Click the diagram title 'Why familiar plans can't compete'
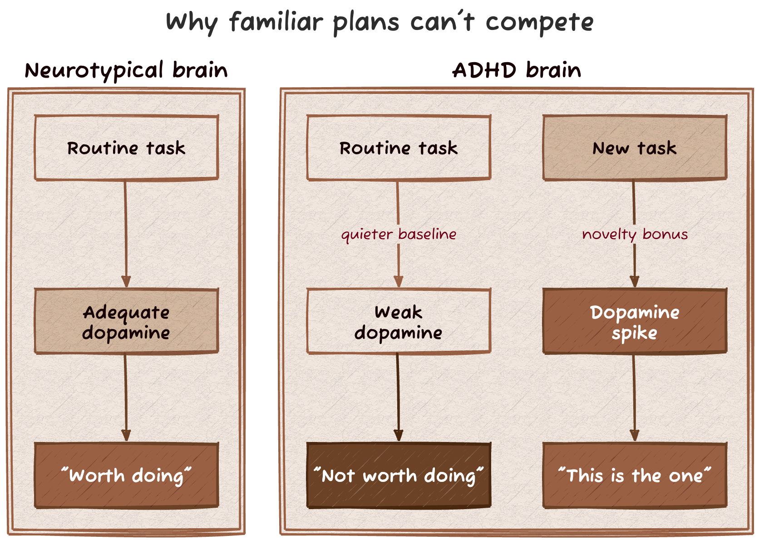tap(379, 22)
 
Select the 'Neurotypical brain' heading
tap(126, 70)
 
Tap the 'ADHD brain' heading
tap(517, 70)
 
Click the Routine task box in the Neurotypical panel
tap(126, 148)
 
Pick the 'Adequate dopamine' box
tap(126, 321)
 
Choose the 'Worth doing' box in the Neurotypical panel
tap(126, 476)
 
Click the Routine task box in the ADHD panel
tap(399, 148)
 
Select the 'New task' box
tap(635, 148)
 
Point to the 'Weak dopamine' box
tap(399, 321)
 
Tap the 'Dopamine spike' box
tap(635, 321)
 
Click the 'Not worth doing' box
tap(399, 476)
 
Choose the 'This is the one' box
tap(635, 476)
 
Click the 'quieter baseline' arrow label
tap(399, 234)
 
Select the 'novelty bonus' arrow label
tap(635, 234)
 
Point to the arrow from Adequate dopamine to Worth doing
tap(126, 397)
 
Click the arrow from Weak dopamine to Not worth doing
tap(399, 397)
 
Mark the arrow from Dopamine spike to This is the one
tap(635, 397)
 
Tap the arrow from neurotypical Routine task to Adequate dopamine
tap(126, 234)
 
